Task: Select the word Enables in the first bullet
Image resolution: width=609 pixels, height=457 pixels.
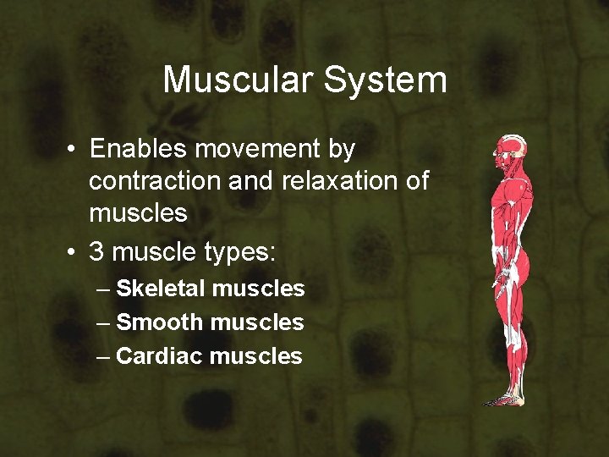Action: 138,149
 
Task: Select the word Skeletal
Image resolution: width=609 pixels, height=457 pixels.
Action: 161,289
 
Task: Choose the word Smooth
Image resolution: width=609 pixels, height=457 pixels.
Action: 160,322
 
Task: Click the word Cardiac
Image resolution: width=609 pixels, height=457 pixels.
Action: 159,356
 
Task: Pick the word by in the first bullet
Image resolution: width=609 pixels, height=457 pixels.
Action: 341,149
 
